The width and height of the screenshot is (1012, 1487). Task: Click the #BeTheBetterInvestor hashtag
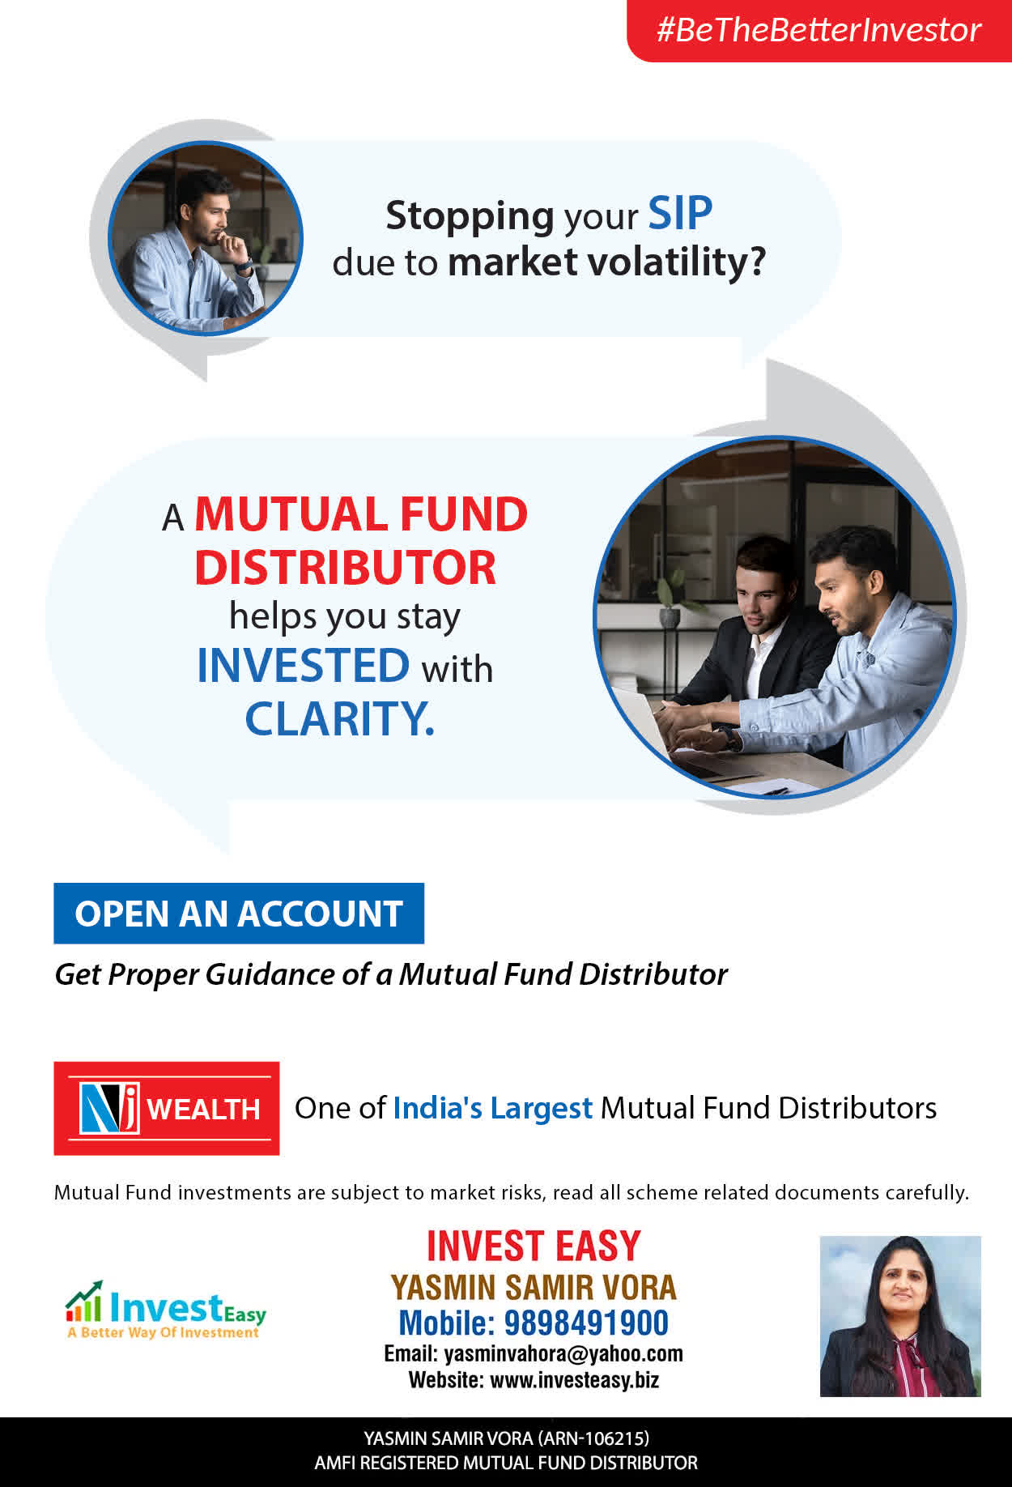(x=819, y=30)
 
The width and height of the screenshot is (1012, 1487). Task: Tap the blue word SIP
(x=680, y=214)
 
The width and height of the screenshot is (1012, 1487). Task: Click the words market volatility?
(x=606, y=262)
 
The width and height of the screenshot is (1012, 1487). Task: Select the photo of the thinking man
(x=206, y=238)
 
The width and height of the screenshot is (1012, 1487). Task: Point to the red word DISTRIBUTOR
(x=345, y=567)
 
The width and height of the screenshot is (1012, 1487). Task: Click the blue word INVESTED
(x=304, y=666)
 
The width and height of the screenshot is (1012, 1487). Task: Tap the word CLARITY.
(x=340, y=718)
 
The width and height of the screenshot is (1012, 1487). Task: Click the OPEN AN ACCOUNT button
(x=239, y=914)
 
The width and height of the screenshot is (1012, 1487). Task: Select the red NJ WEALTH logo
(x=167, y=1108)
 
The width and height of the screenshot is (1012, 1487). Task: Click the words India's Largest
(x=493, y=1108)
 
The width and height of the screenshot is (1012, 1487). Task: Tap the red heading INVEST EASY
(x=534, y=1246)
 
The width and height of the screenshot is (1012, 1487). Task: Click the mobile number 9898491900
(x=586, y=1323)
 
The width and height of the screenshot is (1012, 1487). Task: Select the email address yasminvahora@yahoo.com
(x=563, y=1353)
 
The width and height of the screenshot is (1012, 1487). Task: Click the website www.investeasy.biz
(x=575, y=1379)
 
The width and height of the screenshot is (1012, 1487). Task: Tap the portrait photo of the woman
(x=900, y=1316)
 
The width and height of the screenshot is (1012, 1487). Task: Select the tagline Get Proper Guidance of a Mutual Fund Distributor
(x=391, y=974)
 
